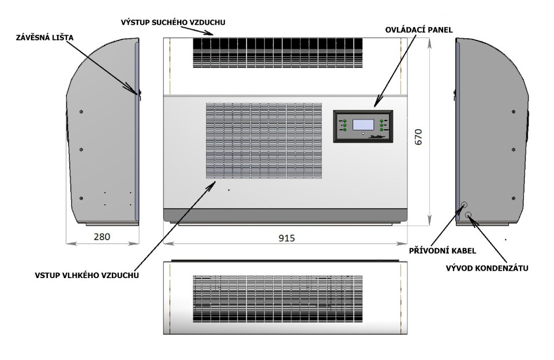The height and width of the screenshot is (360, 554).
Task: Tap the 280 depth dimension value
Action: (x=102, y=236)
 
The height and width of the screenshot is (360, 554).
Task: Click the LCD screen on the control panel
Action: (x=363, y=125)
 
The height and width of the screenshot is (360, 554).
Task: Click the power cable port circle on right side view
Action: (x=463, y=205)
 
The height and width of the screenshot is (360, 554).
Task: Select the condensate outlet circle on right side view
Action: (x=469, y=216)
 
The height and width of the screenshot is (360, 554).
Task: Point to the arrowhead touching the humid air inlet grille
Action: (x=215, y=183)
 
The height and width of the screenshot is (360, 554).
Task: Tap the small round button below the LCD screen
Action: (x=363, y=134)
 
